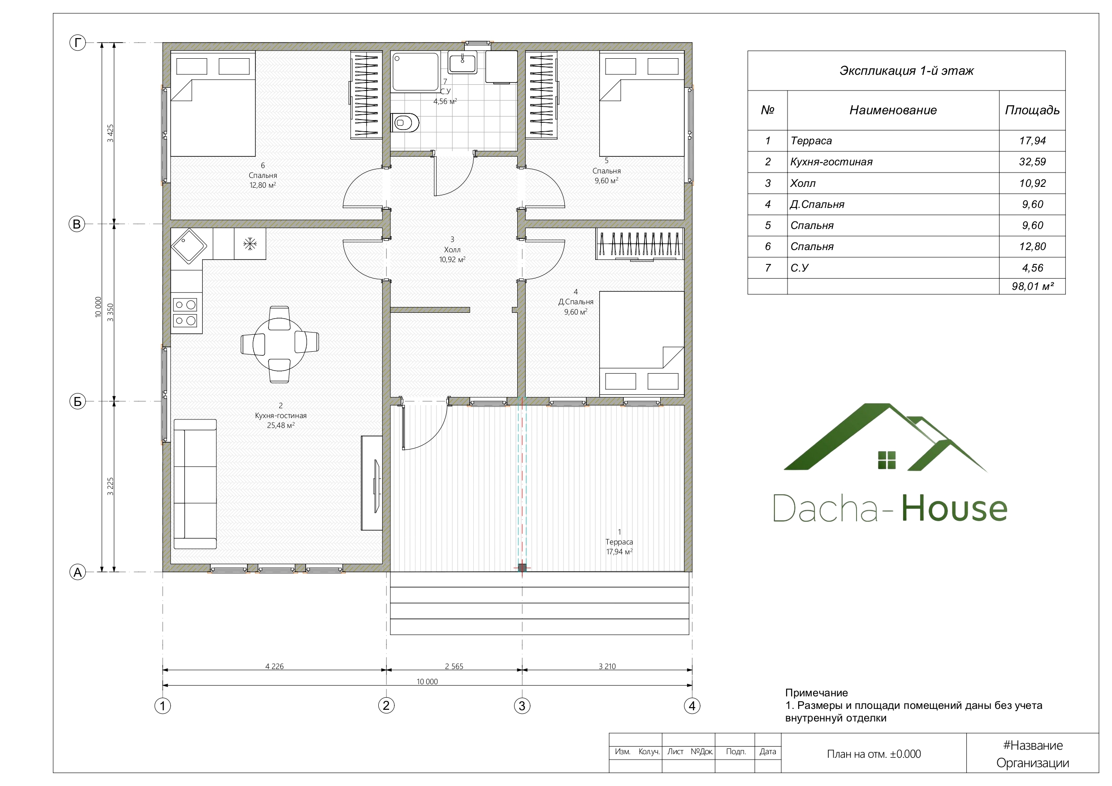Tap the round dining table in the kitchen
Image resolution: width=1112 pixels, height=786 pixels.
[279, 344]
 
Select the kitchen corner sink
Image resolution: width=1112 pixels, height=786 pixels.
[190, 246]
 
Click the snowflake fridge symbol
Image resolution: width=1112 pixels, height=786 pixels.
[250, 244]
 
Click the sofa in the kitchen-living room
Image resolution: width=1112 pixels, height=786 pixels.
[195, 484]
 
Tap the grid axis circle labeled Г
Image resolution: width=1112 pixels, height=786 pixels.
[78, 43]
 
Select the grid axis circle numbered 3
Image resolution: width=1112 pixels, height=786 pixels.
[522, 706]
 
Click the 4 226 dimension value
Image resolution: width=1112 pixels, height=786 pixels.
[274, 666]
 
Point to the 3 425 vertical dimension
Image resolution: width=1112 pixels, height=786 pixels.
[110, 133]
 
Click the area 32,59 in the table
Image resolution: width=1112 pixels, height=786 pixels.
[1032, 162]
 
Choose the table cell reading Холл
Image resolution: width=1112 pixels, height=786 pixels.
[803, 184]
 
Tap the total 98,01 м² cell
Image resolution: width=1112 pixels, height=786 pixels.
[1032, 286]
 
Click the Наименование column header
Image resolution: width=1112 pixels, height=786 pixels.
[892, 110]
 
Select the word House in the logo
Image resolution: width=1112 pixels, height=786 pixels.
[954, 508]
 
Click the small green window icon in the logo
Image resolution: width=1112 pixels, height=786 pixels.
[887, 460]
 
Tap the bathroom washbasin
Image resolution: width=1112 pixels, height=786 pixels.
[463, 62]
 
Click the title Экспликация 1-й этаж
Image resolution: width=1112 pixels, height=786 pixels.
[906, 71]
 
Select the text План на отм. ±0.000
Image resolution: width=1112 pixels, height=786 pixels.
[874, 754]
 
